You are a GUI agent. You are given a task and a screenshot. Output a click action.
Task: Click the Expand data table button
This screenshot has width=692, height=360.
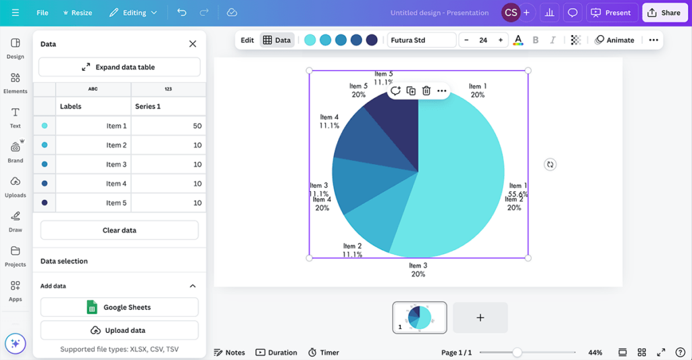pos(119,67)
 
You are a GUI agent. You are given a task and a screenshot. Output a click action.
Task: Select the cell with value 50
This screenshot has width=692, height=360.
pos(168,126)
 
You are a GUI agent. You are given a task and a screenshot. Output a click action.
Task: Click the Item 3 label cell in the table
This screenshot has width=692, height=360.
pos(93,164)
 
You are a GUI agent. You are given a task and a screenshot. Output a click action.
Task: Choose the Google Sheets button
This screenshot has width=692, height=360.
pos(119,307)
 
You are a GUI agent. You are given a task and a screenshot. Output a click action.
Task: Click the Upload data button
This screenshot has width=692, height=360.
pos(119,330)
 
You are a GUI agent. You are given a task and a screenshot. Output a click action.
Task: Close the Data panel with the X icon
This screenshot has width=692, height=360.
pos(193,44)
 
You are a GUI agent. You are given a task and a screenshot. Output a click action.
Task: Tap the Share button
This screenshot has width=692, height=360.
pos(664,13)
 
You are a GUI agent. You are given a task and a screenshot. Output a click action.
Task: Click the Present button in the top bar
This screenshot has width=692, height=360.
pos(612,13)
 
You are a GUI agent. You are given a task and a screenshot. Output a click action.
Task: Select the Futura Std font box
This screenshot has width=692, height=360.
pos(422,40)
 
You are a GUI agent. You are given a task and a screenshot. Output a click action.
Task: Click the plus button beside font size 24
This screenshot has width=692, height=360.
pos(500,40)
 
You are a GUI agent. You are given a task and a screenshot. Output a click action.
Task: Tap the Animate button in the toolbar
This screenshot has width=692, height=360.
pos(614,40)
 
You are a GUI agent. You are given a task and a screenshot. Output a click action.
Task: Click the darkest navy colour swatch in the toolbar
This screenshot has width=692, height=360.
pos(372,40)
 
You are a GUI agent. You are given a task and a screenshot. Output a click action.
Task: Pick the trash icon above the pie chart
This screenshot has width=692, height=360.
pos(426,91)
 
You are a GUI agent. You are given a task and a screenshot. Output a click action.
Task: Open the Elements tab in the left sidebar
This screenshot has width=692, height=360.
pos(15,82)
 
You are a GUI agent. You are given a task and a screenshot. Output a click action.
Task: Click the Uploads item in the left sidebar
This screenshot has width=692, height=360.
pos(15,186)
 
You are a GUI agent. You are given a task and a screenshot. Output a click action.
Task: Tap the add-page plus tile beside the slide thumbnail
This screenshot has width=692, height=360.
pos(480,317)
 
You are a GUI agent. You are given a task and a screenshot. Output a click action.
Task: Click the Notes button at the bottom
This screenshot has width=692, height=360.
pos(229,353)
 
